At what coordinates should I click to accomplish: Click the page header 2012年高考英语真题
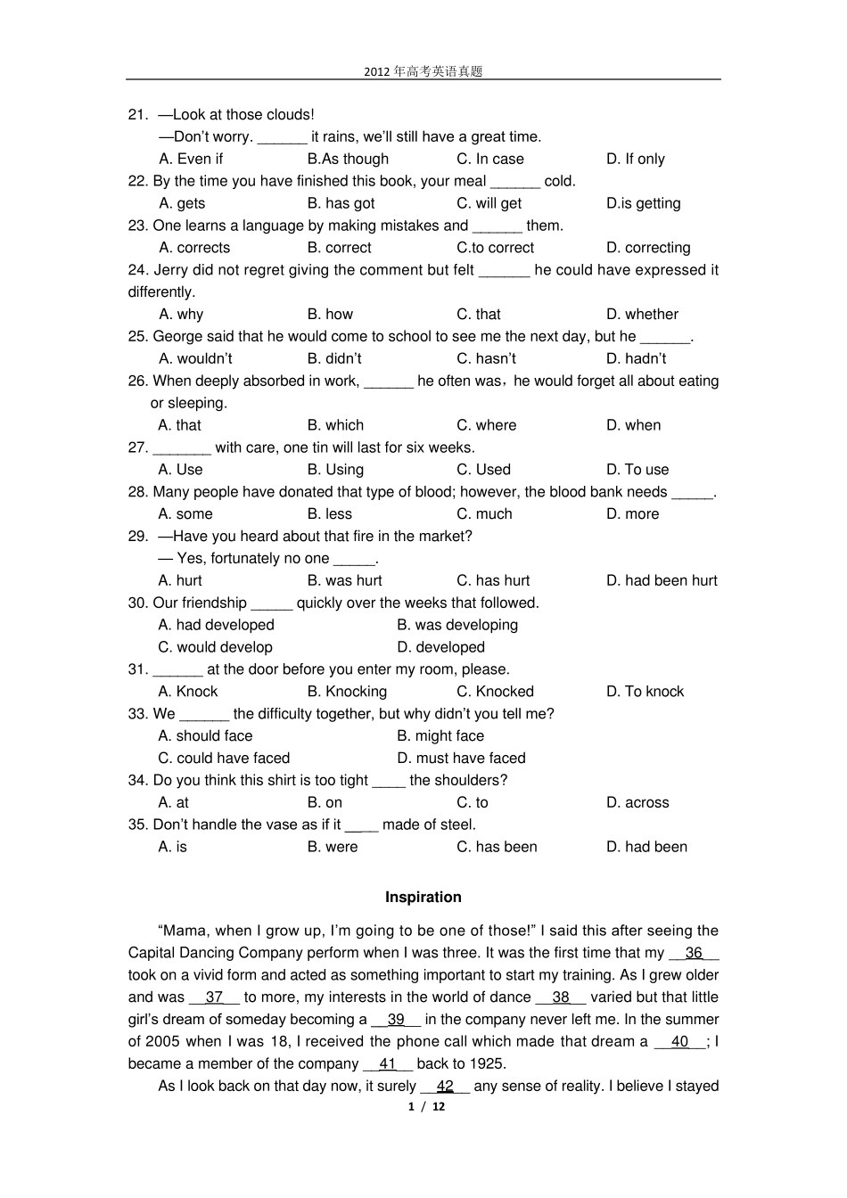[423, 71]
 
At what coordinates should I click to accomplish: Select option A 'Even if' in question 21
[191, 159]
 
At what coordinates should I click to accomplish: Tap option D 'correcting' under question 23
[648, 248]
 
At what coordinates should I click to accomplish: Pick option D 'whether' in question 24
[642, 314]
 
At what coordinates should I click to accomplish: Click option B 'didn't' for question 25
[334, 358]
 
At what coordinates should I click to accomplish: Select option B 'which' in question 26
[335, 425]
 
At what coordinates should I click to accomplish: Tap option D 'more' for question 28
[632, 514]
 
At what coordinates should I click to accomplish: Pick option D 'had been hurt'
[662, 580]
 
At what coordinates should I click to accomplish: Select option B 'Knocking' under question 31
[347, 692]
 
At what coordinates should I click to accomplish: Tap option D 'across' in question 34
[637, 803]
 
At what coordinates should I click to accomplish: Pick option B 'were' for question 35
[333, 847]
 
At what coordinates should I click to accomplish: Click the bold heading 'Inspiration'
[423, 898]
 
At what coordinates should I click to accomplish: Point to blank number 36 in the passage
[694, 953]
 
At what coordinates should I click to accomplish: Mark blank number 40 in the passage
[679, 1042]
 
